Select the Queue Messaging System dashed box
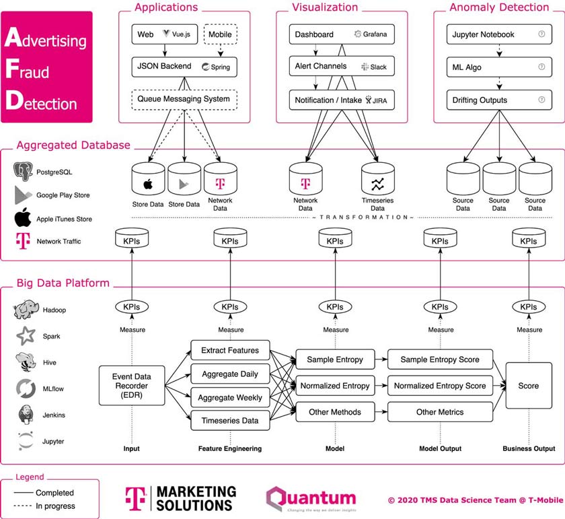(x=184, y=100)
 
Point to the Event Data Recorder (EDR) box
(x=132, y=385)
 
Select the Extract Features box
(x=230, y=350)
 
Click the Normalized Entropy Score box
(x=440, y=386)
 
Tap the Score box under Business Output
(x=529, y=385)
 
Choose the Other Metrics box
(x=440, y=411)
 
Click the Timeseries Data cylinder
(x=377, y=181)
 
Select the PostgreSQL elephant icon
(x=24, y=172)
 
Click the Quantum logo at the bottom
(x=311, y=499)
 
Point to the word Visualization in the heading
(x=325, y=7)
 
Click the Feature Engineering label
(x=230, y=448)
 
